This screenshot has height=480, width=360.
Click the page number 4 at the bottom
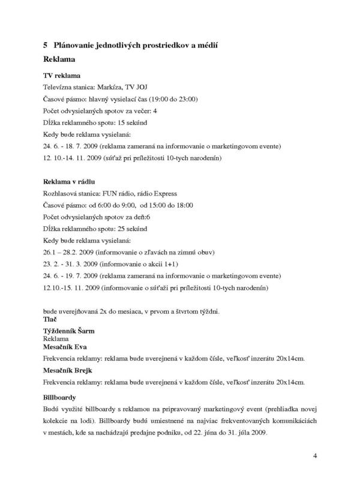(315, 457)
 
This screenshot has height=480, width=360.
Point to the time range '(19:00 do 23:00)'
(171, 99)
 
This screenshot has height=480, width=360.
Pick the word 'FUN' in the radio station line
(114, 193)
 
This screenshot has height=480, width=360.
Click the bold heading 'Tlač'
(51, 320)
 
